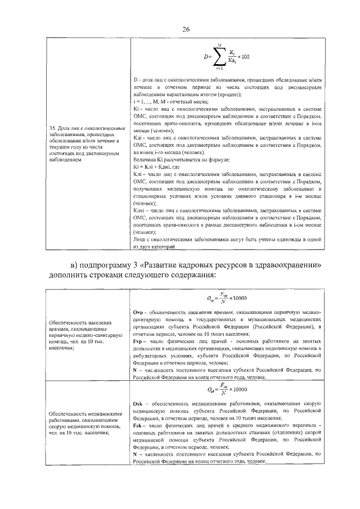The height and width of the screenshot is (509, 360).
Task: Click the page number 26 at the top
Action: point(185,29)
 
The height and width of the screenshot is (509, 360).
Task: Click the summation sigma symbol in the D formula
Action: point(221,56)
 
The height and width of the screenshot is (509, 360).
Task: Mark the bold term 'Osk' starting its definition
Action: point(138,404)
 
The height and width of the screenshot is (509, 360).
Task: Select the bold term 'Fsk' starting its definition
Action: point(138,426)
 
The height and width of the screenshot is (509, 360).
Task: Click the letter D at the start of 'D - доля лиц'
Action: point(135,81)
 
